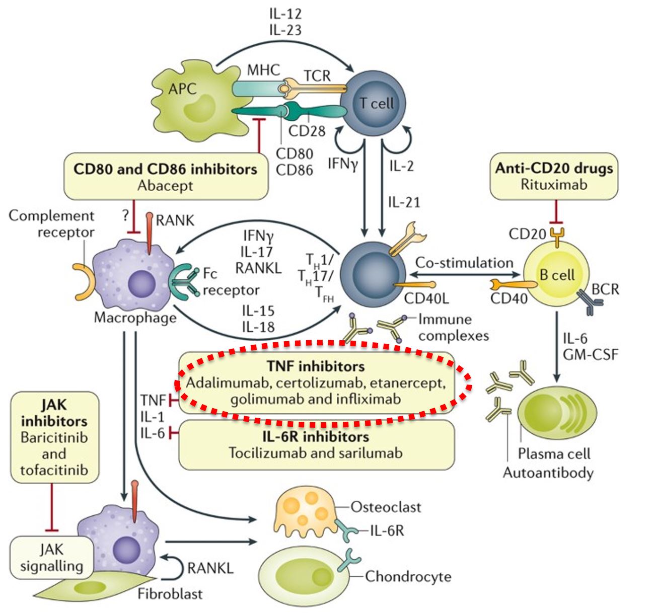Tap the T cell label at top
376,104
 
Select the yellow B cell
556,275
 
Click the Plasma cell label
554,454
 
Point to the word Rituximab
554,184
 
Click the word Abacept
165,186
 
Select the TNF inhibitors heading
316,366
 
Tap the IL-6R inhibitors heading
316,436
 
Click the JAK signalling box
51,558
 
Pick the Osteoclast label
386,507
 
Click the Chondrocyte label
408,576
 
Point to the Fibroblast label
170,594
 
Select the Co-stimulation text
464,263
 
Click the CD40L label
426,298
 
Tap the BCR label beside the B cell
605,289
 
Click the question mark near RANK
125,216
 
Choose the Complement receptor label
52,224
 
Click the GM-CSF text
590,354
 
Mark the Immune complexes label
453,327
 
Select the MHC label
263,70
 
